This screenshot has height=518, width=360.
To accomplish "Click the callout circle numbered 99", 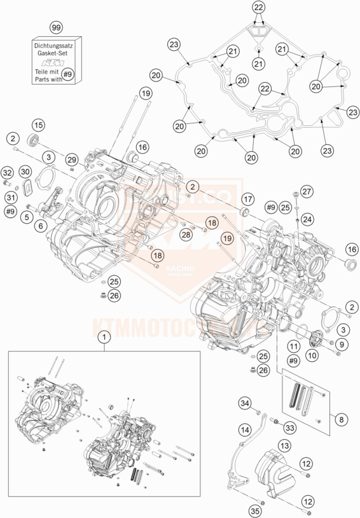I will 57,28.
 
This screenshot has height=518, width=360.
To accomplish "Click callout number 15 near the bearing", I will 38,125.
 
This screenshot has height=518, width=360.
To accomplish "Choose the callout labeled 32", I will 8,173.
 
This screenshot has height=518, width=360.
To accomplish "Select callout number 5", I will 27,217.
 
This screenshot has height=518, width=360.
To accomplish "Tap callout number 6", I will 41,226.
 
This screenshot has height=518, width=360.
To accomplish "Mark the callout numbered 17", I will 247,198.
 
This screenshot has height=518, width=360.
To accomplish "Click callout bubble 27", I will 307,192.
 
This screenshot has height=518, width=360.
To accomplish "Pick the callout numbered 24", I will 307,219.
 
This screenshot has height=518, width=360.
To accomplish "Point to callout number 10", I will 312,357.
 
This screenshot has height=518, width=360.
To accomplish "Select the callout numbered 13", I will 284,447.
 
